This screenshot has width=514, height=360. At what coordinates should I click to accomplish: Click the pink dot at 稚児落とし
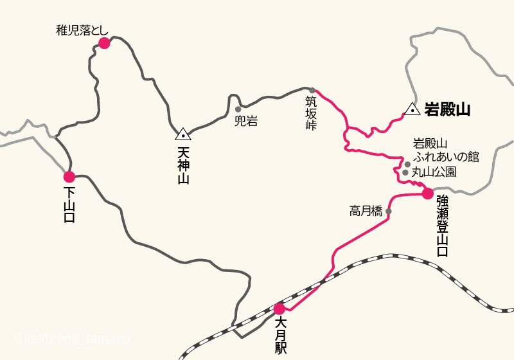point(104,43)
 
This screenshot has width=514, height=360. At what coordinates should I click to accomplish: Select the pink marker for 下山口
point(69,177)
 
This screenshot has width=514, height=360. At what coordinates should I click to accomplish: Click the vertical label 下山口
point(69,204)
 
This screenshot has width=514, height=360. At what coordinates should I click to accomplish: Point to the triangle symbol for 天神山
point(183,134)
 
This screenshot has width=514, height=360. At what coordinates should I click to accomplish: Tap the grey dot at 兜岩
point(238,109)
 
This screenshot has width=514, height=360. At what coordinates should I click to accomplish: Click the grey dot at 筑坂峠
point(313,91)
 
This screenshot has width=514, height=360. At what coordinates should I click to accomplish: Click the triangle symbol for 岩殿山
point(412,110)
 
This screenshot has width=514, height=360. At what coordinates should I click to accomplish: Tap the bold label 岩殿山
point(447,110)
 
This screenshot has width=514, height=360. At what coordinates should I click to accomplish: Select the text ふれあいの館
point(447,157)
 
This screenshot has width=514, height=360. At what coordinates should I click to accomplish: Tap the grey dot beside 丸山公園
point(405,172)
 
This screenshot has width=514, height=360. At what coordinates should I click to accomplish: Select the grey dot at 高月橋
point(389,210)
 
